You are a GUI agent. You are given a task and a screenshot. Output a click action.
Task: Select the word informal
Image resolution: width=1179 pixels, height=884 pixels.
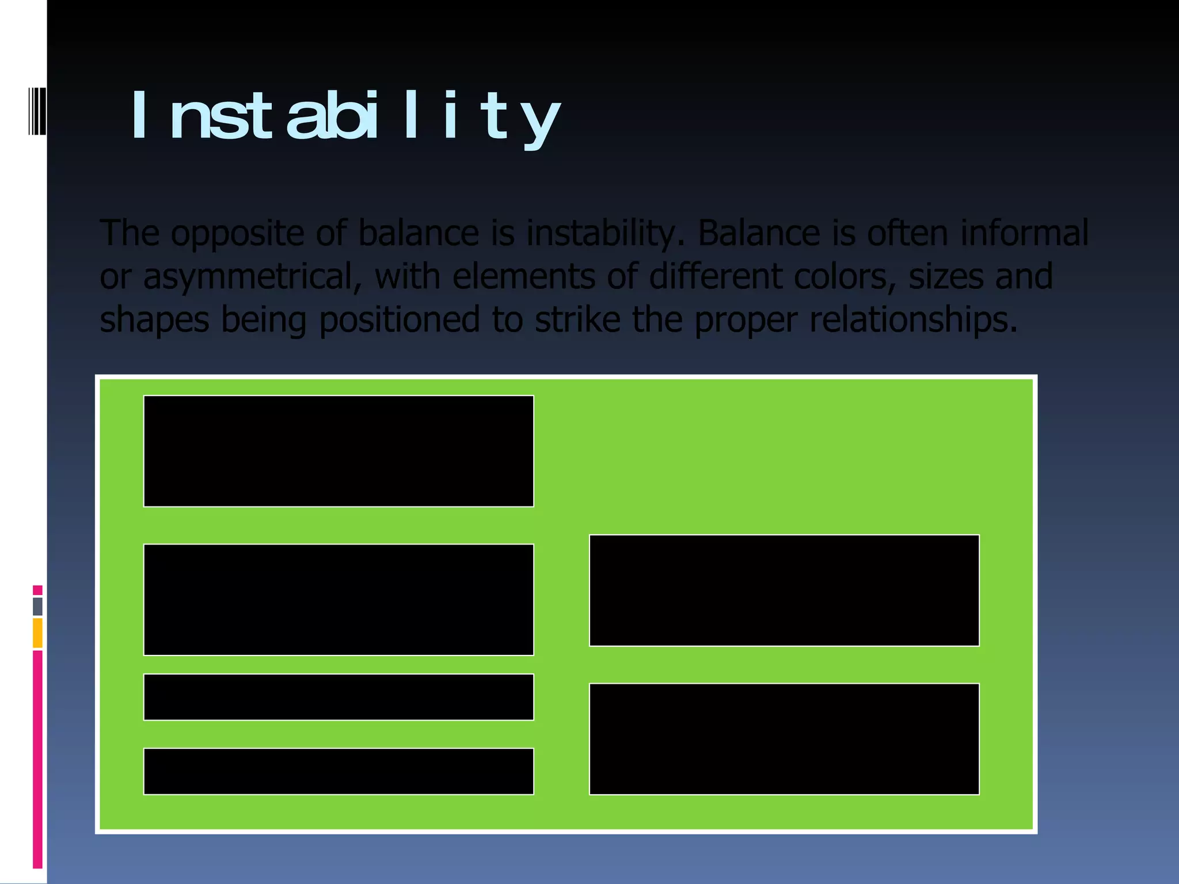click(x=1024, y=233)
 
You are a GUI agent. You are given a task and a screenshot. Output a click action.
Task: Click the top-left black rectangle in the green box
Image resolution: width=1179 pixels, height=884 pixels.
click(x=339, y=451)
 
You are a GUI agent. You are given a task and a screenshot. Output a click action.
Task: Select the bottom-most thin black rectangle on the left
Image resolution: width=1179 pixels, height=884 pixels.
click(x=339, y=771)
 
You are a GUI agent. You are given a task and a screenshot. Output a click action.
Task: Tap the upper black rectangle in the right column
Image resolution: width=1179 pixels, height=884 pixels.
click(x=784, y=590)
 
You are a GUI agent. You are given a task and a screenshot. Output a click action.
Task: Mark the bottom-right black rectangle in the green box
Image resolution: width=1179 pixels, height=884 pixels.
click(x=784, y=739)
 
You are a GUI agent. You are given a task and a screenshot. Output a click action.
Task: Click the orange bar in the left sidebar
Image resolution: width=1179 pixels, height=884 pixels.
click(x=37, y=632)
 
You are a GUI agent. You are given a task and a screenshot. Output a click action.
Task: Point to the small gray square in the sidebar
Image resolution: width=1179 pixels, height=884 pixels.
click(x=37, y=606)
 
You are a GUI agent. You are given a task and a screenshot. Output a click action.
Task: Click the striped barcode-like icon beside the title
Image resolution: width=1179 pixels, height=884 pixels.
click(x=37, y=111)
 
